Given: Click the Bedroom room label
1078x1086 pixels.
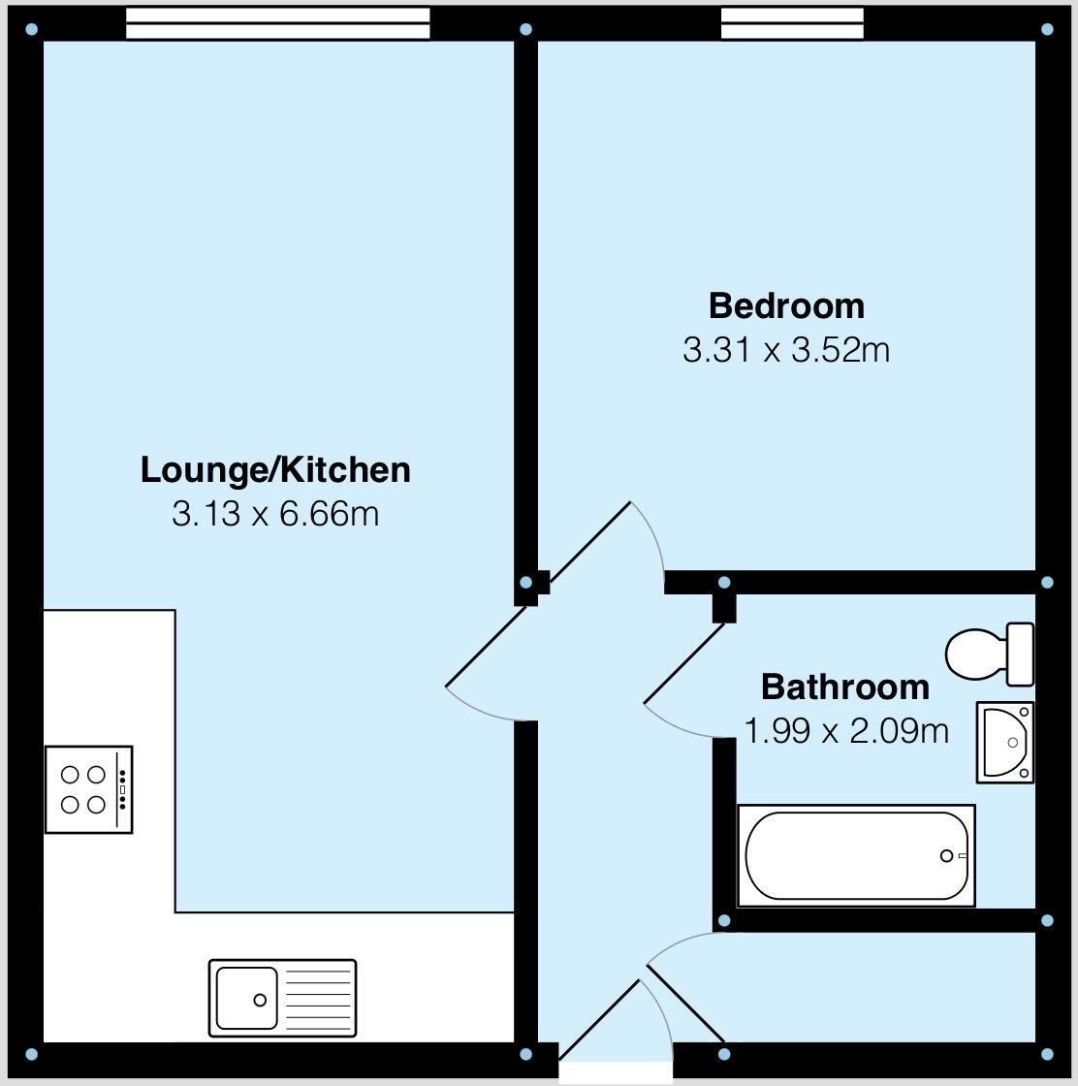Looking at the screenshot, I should tap(786, 305).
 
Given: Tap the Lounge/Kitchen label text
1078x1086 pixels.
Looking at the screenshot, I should tap(275, 469).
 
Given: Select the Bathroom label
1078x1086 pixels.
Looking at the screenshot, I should tap(844, 687).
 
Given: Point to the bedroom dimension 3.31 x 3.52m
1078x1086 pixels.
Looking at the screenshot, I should tap(786, 349).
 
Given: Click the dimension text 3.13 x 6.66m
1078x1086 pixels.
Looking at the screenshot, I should tap(275, 513).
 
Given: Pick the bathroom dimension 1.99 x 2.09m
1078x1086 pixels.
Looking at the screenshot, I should tap(845, 730).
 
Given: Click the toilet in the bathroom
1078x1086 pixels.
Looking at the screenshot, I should tap(979, 655).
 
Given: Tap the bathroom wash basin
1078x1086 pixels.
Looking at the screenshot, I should tap(1006, 743).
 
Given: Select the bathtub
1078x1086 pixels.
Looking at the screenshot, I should tap(856, 856).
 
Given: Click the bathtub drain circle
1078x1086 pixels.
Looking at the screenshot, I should tap(946, 855).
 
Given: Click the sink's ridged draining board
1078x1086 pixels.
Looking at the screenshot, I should tap(317, 998).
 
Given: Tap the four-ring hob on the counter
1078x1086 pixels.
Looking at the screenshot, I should tap(88, 789).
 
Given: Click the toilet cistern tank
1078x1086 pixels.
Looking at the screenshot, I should tap(1021, 655).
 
